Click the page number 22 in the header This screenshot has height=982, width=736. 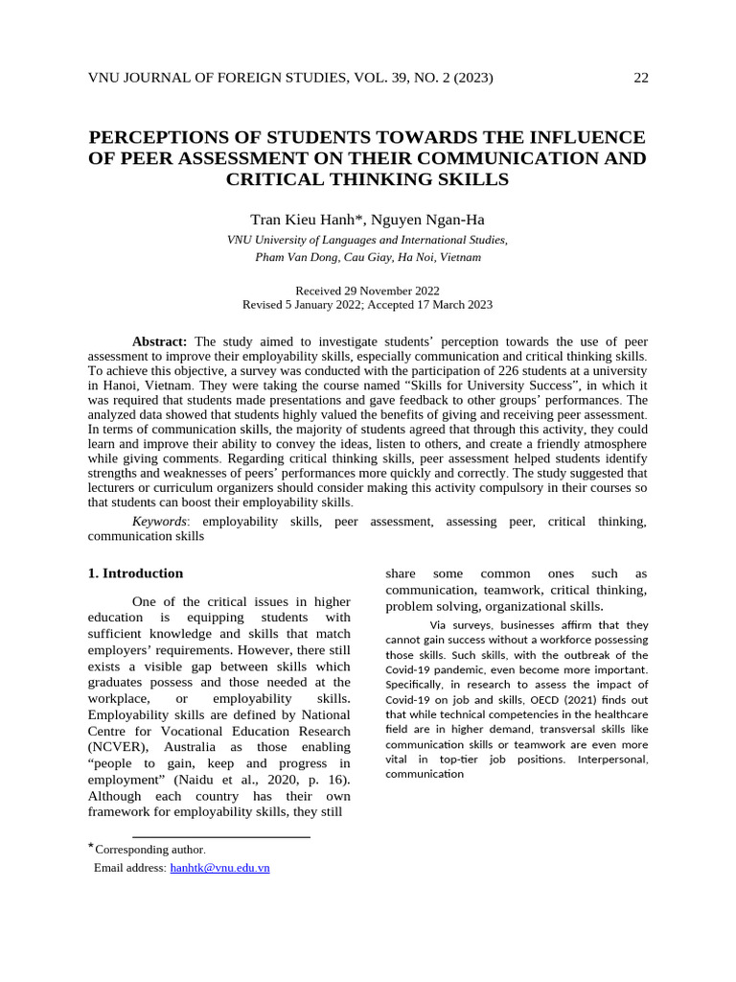click(641, 78)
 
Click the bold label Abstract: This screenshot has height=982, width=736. click(161, 341)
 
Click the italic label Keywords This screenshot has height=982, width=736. click(159, 521)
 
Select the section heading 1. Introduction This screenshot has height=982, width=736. click(135, 573)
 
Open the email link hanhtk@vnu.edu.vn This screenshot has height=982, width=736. click(219, 868)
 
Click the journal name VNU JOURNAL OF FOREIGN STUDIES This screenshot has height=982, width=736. click(236, 78)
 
